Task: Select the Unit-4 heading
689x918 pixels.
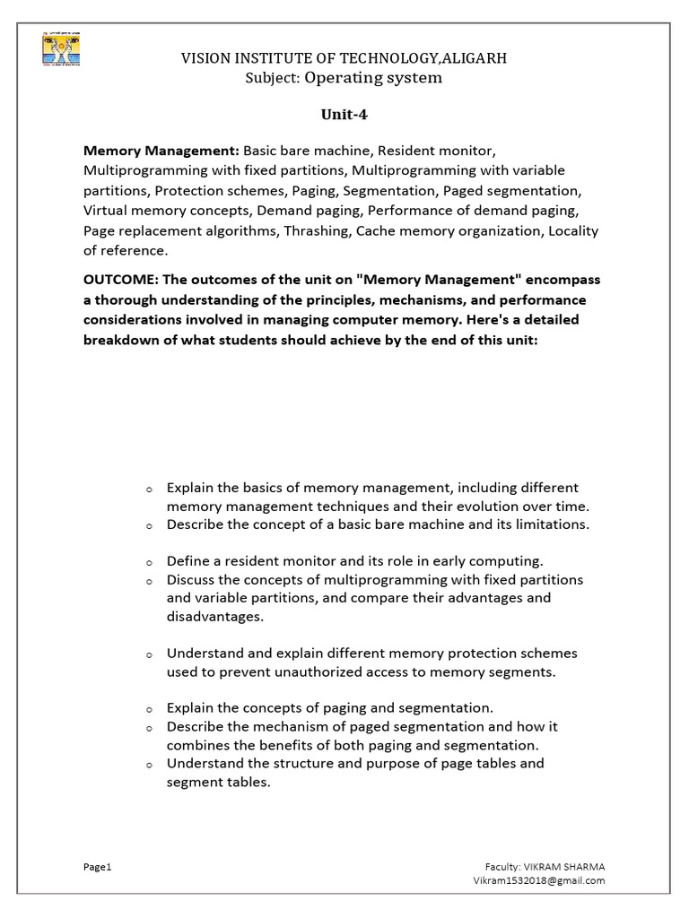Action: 344,114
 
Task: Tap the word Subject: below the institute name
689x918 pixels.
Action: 273,78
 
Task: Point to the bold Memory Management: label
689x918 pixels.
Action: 161,150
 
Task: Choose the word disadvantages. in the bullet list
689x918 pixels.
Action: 214,617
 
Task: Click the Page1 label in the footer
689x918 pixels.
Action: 96,867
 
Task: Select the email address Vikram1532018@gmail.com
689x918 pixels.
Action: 539,880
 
